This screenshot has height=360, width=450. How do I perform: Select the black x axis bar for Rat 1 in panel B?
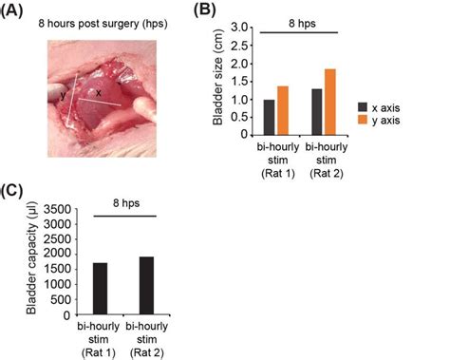click(269, 117)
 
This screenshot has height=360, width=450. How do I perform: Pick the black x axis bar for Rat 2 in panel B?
click(317, 111)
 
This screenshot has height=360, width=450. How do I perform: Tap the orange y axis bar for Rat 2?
click(330, 102)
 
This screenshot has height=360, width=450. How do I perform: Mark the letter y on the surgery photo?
click(64, 95)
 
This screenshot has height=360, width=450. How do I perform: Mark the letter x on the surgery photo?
click(99, 92)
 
